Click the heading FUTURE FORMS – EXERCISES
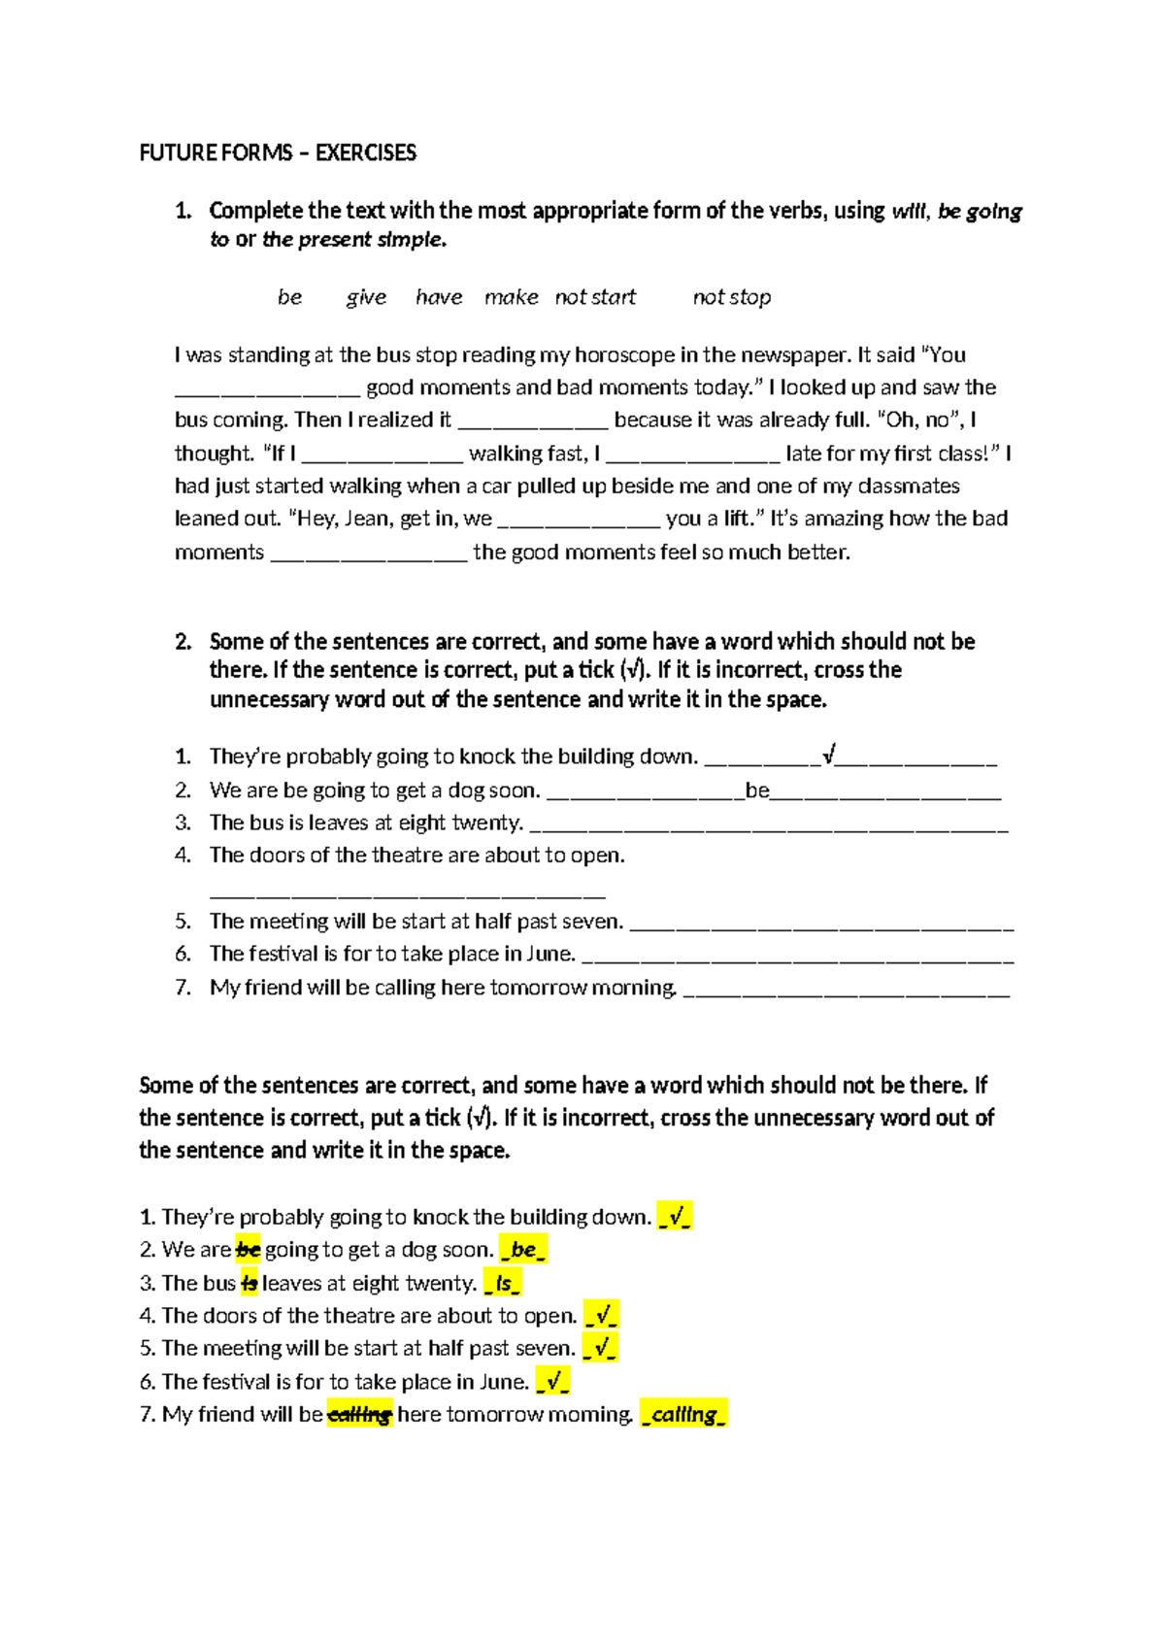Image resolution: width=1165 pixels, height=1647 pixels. (278, 152)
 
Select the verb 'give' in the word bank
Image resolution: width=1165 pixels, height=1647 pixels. (366, 297)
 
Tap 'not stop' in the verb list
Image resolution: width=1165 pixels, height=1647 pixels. (731, 297)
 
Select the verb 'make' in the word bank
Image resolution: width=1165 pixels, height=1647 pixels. (511, 297)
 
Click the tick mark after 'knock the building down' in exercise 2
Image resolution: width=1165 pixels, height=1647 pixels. (829, 755)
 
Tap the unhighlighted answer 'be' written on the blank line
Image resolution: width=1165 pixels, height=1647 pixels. (757, 790)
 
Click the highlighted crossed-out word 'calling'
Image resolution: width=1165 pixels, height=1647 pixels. (359, 1415)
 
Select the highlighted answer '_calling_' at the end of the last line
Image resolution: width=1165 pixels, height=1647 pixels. (683, 1415)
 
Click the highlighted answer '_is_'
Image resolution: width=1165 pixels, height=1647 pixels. (503, 1284)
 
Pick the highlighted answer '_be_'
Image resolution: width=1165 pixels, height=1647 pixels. (523, 1250)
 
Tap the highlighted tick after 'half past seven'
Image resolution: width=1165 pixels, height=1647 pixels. (600, 1349)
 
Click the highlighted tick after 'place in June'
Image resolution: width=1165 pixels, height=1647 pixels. (552, 1382)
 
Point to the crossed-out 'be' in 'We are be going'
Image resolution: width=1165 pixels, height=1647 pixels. (249, 1250)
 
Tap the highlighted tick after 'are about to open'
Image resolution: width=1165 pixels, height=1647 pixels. (602, 1316)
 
